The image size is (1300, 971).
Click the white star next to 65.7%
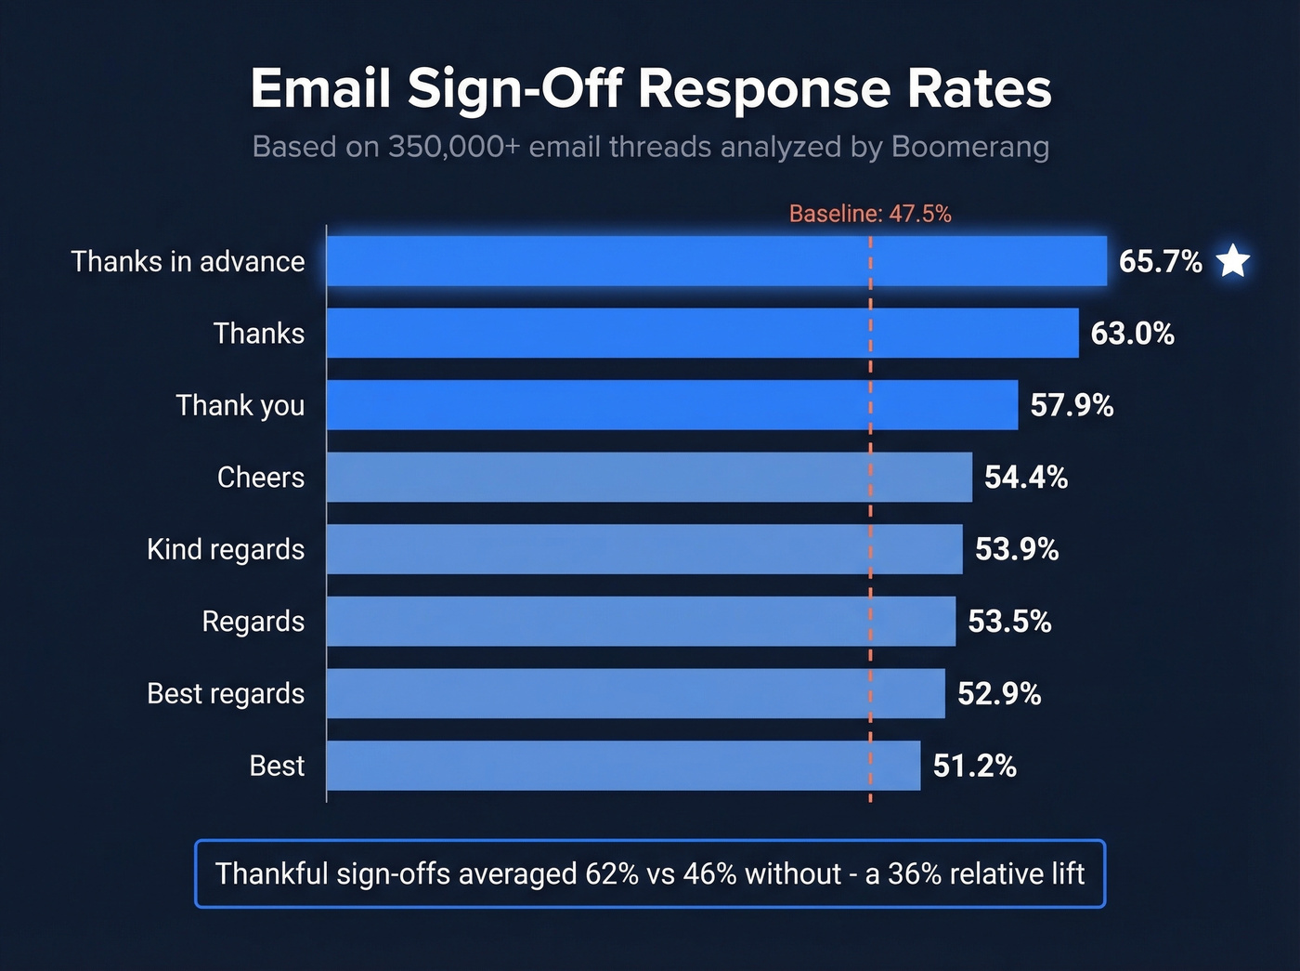coord(1233,261)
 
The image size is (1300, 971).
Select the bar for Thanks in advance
coord(716,261)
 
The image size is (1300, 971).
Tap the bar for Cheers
coord(649,478)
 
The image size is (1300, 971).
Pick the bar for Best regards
coord(635,693)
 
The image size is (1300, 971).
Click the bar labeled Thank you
coord(671,405)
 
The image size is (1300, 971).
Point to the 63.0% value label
coord(1132,334)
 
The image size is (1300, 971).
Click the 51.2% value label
coord(974,766)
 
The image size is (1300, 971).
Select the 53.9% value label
coord(1017,549)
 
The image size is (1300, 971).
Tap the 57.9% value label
coord(1072,405)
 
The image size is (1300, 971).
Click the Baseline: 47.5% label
coord(870,214)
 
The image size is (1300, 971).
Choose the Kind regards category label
coord(226,549)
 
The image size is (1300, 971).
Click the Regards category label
coord(253,622)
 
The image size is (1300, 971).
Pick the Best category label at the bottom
coord(277,766)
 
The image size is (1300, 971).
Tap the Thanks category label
coord(258,334)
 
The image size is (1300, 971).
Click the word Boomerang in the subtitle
coord(969,147)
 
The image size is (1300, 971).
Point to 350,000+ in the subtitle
coord(454,147)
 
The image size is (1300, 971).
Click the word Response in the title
coord(763,89)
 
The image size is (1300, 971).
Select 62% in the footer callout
coord(611,874)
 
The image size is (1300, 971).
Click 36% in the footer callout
coord(914,874)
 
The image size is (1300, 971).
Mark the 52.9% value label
coord(999,693)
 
